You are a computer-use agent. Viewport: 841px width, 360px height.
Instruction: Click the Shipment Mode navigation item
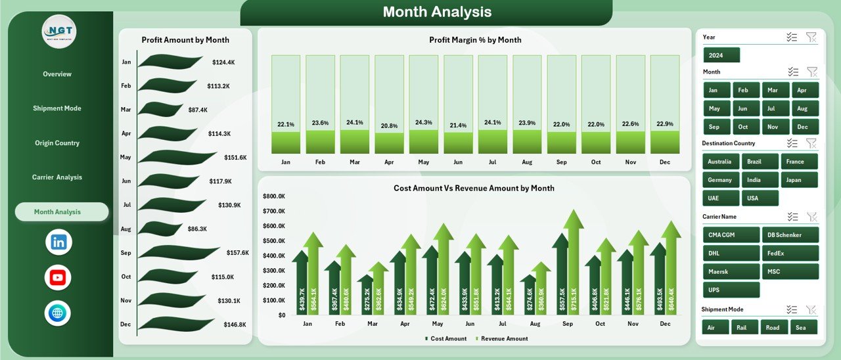coord(57,108)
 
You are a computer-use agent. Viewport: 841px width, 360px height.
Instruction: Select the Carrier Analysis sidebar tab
coord(57,177)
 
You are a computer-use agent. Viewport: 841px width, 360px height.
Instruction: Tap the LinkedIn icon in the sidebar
coord(58,242)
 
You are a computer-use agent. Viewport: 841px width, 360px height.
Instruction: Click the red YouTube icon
coord(58,277)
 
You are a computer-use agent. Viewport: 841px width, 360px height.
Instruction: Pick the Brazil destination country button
coord(760,162)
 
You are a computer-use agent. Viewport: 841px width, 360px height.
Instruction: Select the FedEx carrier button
coord(790,253)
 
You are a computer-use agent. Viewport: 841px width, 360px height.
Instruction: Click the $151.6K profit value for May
coord(235,158)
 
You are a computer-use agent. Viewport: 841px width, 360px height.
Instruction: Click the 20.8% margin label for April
coord(389,125)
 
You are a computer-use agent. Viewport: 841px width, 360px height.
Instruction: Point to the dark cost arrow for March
coord(365,296)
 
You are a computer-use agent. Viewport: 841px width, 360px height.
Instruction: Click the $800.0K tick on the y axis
coord(273,196)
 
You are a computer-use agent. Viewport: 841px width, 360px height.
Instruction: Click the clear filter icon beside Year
coord(811,37)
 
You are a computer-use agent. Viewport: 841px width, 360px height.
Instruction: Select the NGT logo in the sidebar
coord(59,30)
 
